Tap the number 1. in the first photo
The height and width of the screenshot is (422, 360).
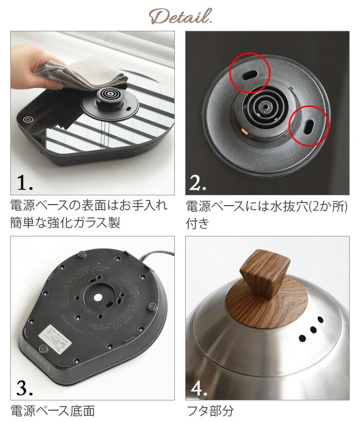pos(25,182)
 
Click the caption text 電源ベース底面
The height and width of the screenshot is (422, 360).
pos(52,411)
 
